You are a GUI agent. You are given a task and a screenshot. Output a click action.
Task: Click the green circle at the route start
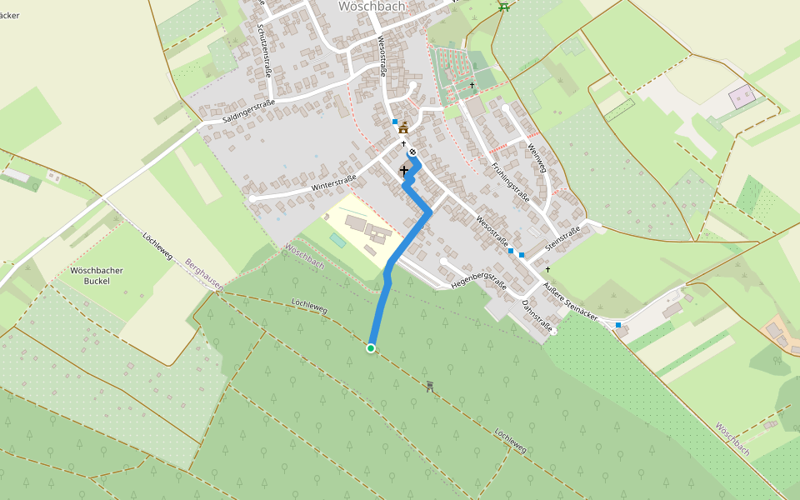[x=371, y=348]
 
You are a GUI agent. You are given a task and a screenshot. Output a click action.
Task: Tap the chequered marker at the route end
[x=412, y=152]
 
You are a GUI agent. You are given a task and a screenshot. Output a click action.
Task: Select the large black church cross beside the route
[x=404, y=170]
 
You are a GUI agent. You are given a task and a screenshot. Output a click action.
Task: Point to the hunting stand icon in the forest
[x=430, y=385]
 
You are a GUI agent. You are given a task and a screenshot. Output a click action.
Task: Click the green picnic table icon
[x=503, y=7]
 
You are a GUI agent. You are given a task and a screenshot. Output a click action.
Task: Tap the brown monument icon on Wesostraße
[x=404, y=127]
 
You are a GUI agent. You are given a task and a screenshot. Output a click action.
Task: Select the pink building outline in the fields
[x=741, y=97]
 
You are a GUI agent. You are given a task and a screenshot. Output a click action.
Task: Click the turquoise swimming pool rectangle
[x=337, y=239]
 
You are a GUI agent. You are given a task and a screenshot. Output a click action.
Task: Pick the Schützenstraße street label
[x=265, y=51]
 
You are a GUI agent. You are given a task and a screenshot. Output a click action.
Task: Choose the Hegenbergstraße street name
[x=478, y=279]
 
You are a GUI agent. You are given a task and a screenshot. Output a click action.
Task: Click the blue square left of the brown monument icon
[x=395, y=122]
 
